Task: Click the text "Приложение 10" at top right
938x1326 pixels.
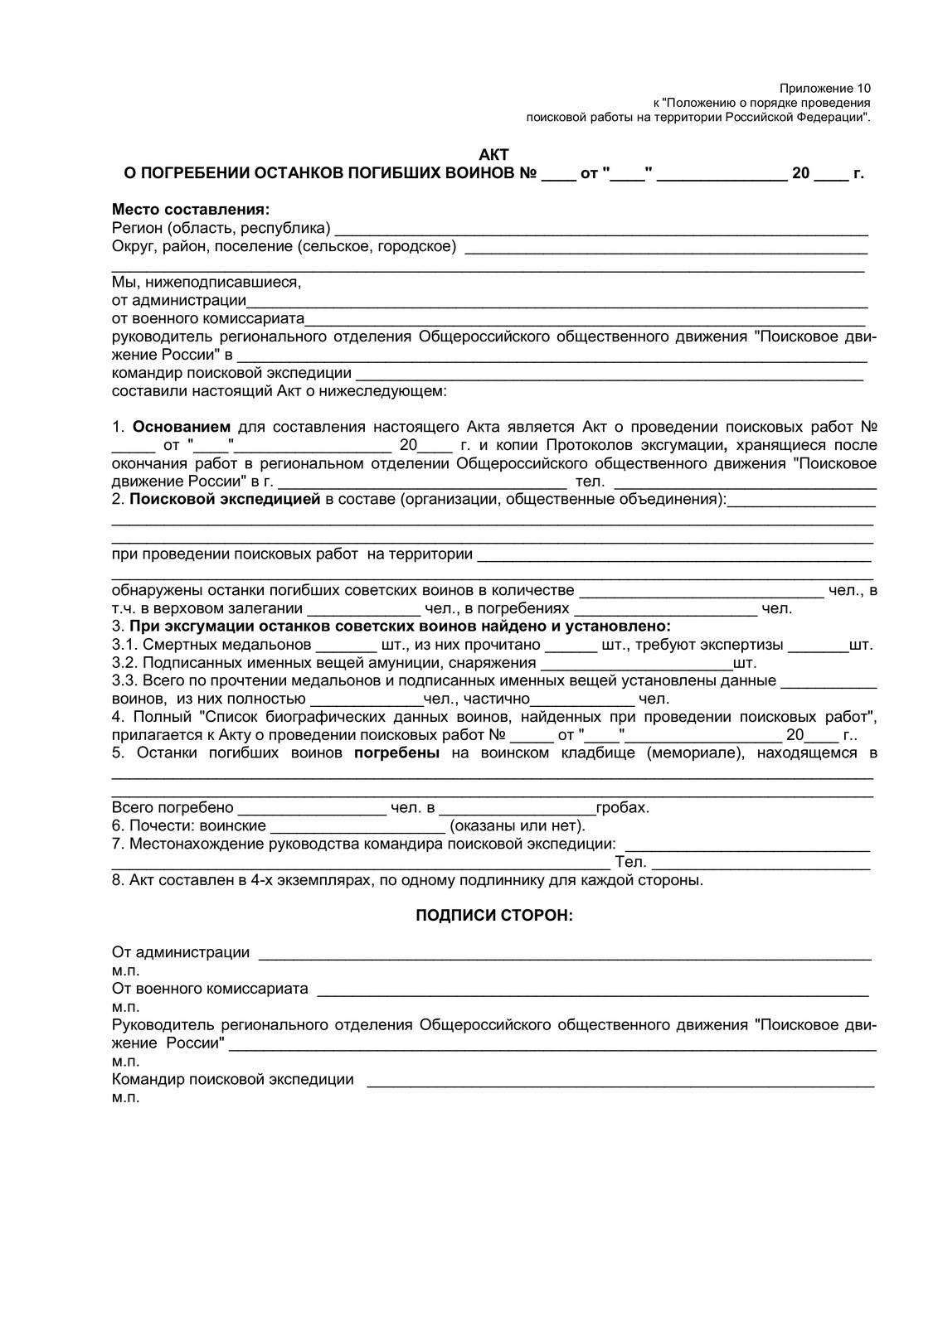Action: point(825,88)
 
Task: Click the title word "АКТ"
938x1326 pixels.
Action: point(493,155)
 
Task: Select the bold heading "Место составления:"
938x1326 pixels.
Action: point(191,210)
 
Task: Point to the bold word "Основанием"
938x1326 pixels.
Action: point(182,427)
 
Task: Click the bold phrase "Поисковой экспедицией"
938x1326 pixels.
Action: point(225,499)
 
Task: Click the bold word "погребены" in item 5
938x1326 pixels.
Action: point(397,753)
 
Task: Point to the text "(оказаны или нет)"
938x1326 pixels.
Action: point(518,825)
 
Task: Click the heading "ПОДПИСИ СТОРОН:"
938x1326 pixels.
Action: point(493,916)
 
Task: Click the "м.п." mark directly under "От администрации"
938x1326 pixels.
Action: point(126,970)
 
